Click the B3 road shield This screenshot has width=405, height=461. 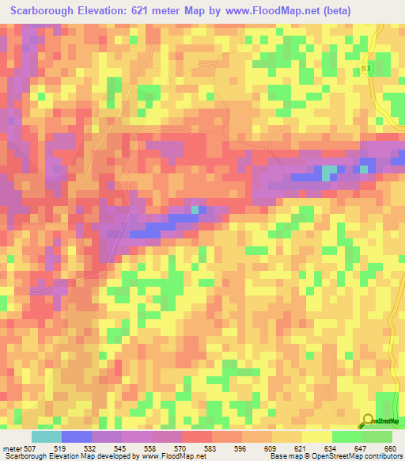pyautogui.click(x=365, y=69)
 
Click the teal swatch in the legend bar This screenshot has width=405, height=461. pyautogui.click(x=46, y=436)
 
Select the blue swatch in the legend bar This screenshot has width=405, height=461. pyautogui.click(x=76, y=436)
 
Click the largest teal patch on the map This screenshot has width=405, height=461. pyautogui.click(x=328, y=172)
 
